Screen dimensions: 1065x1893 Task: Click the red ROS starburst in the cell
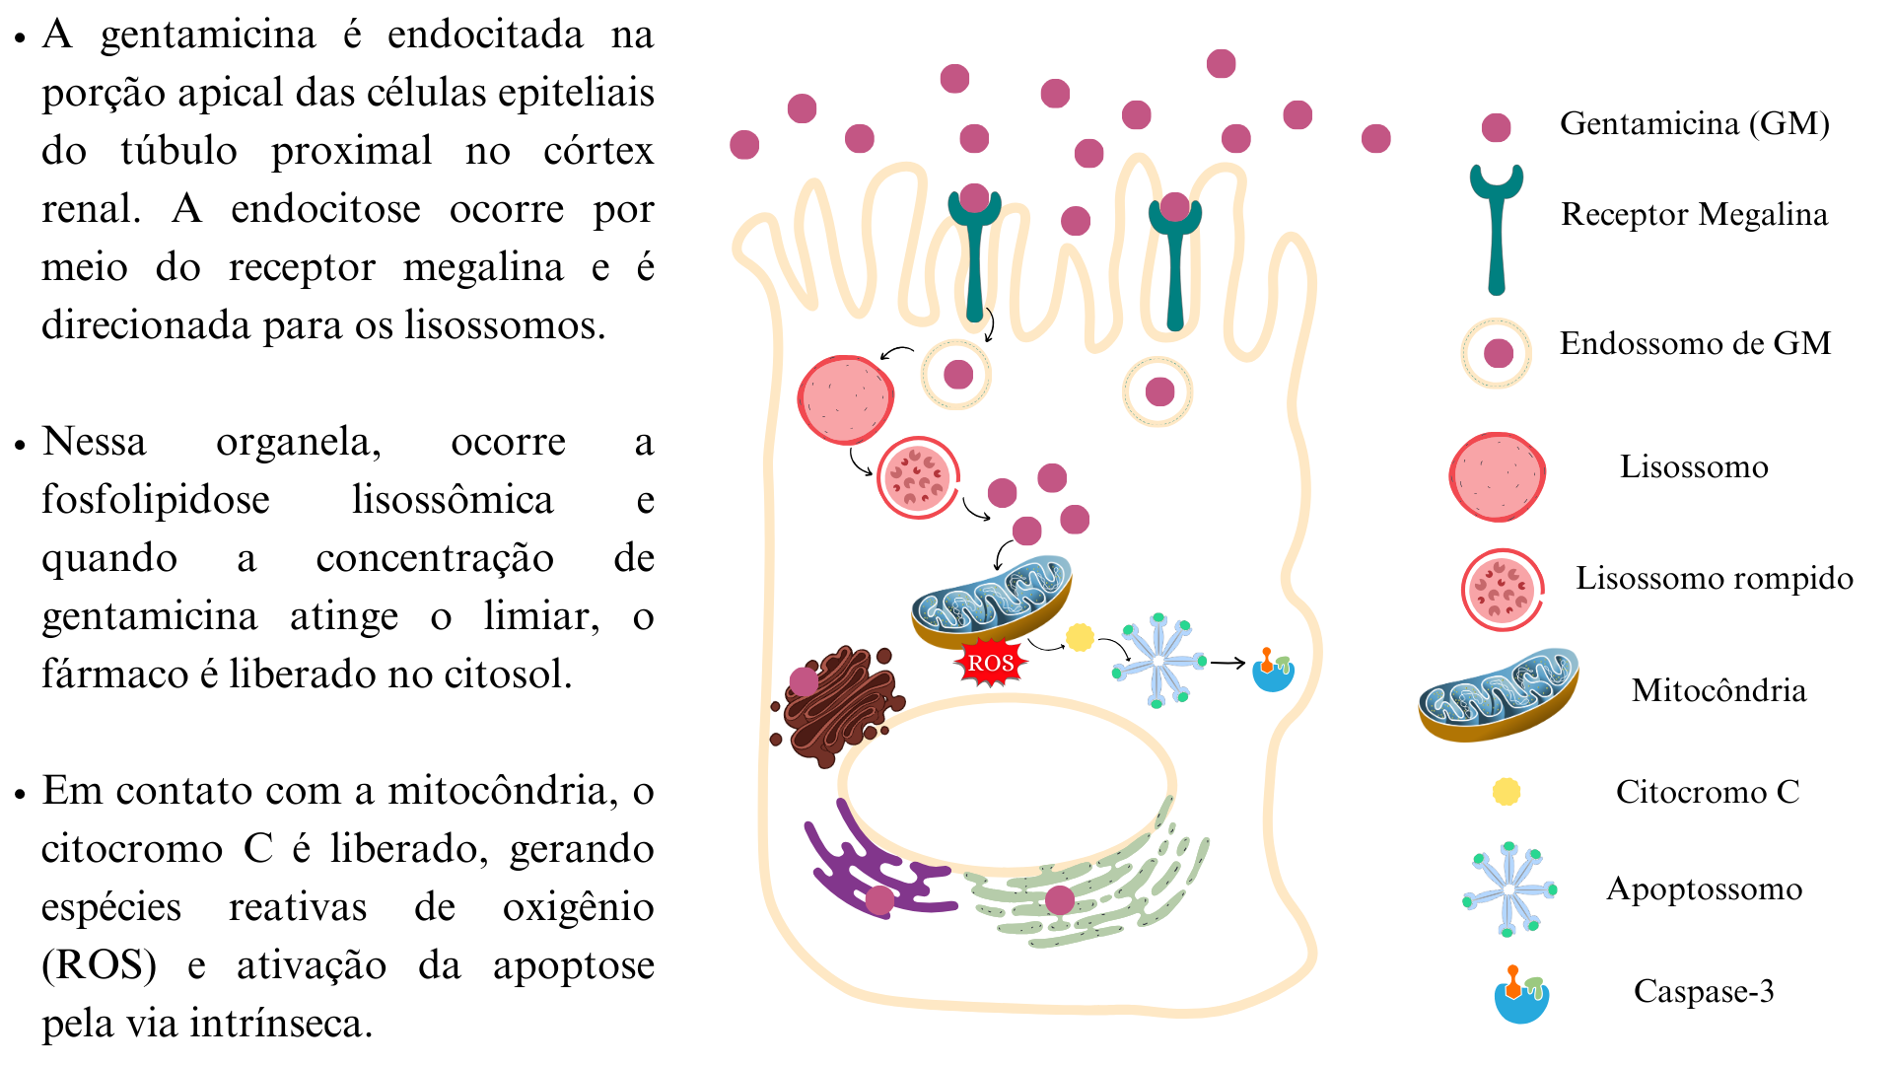click(x=990, y=663)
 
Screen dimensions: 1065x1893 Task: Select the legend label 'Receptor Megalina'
click(x=1694, y=214)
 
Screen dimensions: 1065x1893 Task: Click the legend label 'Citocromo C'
click(x=1707, y=791)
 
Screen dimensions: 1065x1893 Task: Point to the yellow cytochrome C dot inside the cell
click(x=1080, y=638)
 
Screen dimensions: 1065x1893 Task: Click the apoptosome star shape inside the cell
click(x=1159, y=661)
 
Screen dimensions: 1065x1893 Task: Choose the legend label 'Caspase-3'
click(x=1703, y=990)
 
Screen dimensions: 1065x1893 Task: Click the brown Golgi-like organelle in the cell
click(x=838, y=705)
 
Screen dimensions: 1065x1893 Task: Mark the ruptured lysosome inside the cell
click(x=918, y=477)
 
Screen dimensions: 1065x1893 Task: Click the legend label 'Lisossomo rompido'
click(x=1714, y=578)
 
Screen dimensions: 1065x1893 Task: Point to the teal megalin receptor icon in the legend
click(x=1497, y=229)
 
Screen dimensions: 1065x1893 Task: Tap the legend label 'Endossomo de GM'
click(x=1695, y=343)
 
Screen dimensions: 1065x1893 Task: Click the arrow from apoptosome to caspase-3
click(x=1227, y=663)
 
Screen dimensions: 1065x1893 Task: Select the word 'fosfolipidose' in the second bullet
click(x=156, y=499)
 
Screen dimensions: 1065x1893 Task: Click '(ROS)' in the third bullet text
click(x=99, y=964)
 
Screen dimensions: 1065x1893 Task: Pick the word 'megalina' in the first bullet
click(x=483, y=266)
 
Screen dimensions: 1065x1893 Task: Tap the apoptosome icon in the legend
click(x=1508, y=889)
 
